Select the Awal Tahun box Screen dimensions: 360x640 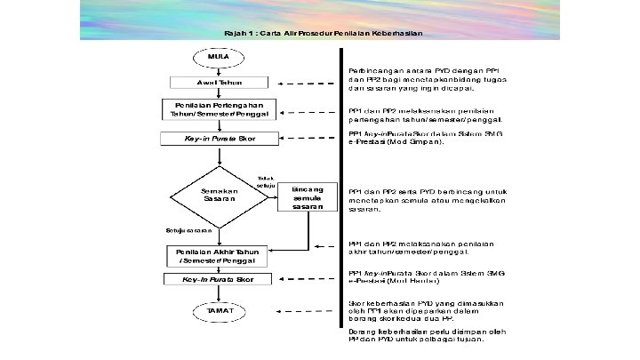click(218, 83)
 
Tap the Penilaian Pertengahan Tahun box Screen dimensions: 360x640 click(218, 109)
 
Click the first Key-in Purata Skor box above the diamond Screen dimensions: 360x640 click(218, 139)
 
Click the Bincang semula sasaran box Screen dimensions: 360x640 click(308, 198)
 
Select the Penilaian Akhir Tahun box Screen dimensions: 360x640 click(218, 255)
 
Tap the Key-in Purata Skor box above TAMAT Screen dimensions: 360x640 click(218, 279)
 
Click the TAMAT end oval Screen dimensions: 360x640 click(218, 312)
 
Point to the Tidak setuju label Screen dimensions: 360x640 click(265, 182)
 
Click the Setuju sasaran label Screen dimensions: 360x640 click(188, 230)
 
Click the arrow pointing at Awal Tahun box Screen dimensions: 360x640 click(302, 83)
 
